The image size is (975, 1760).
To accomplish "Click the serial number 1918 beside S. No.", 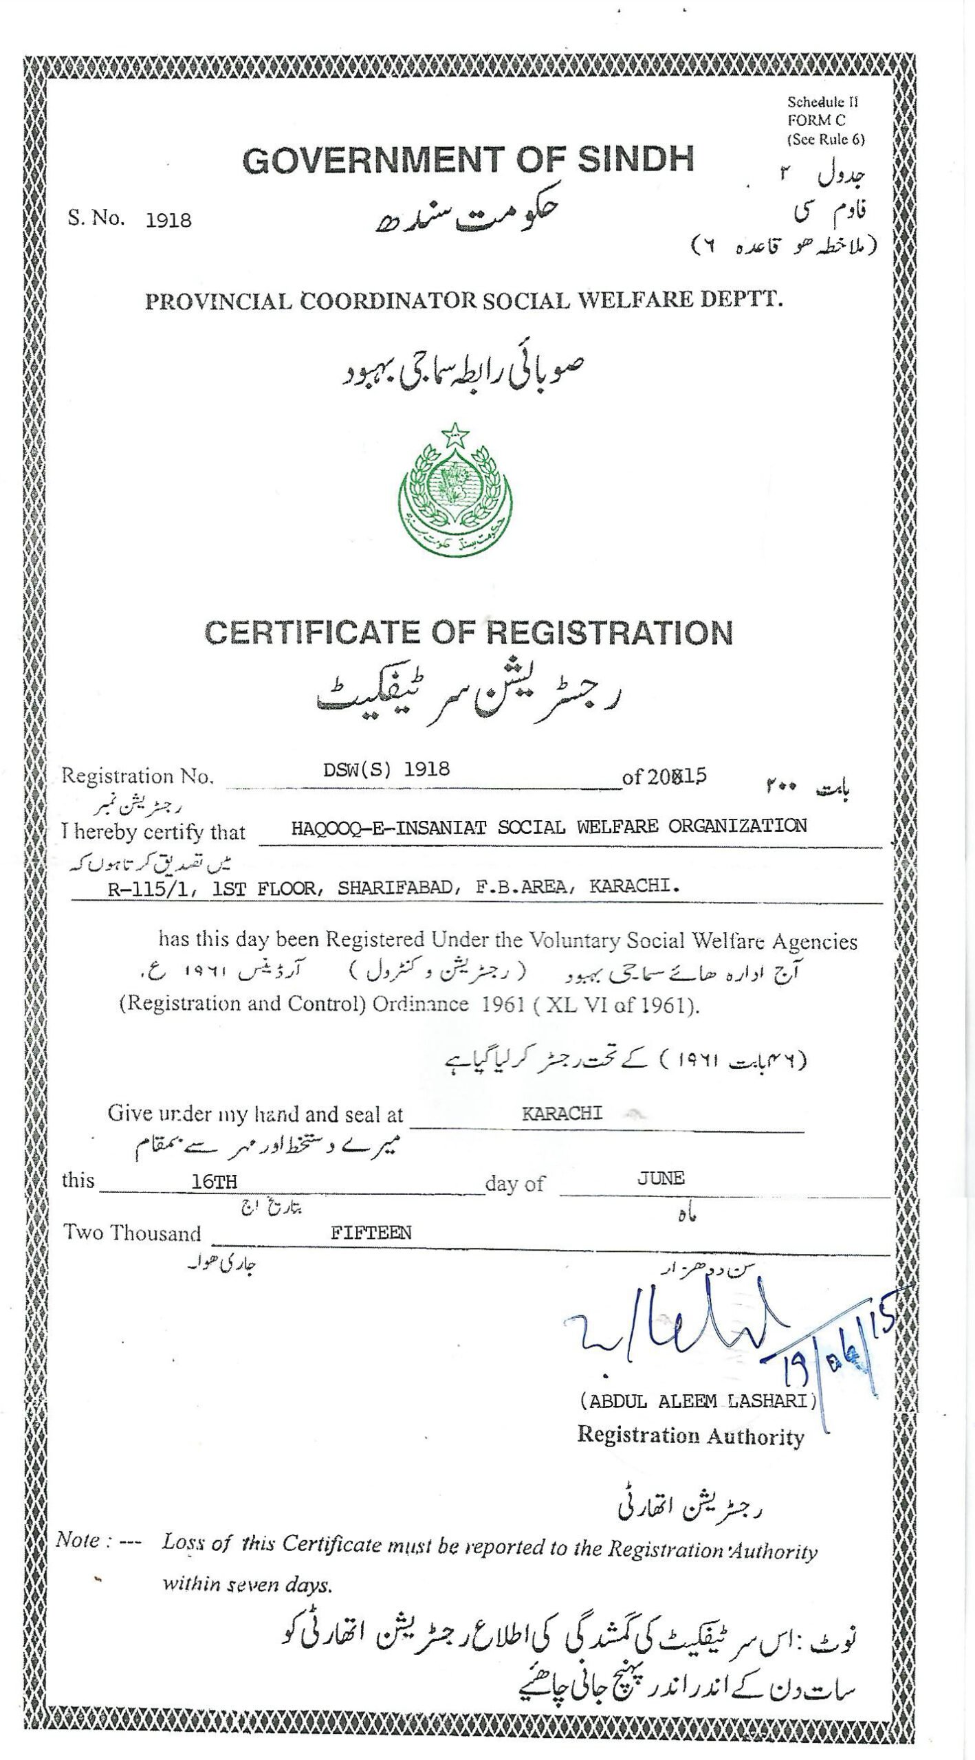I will point(168,221).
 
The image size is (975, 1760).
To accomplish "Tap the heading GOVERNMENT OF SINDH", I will point(468,160).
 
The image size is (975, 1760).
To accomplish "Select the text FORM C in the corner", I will point(816,120).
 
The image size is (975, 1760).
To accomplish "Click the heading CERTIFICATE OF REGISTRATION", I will point(468,632).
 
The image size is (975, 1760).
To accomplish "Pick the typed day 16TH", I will point(214,1181).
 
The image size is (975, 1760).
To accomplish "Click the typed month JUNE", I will point(660,1178).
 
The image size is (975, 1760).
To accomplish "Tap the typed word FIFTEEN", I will point(371,1233).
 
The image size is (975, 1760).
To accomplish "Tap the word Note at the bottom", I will point(78,1540).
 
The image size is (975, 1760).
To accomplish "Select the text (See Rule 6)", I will point(826,139).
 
